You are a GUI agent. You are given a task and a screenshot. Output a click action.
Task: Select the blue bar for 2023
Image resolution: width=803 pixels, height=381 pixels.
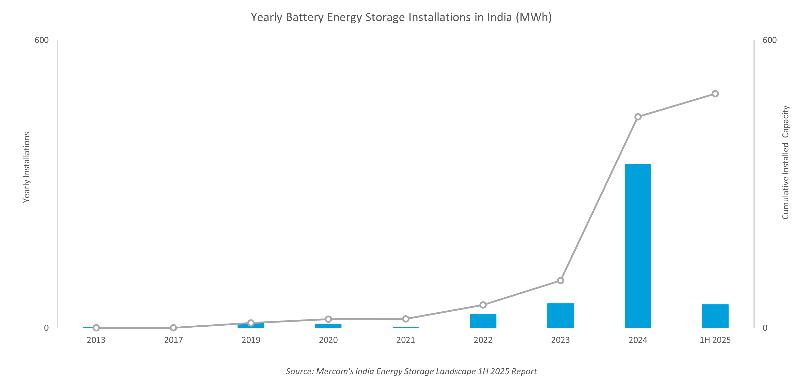[560, 315]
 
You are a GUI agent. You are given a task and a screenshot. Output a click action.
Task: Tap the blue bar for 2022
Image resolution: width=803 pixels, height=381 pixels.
[483, 321]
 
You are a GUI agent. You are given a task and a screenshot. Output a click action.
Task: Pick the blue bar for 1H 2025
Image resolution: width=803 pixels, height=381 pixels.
[715, 316]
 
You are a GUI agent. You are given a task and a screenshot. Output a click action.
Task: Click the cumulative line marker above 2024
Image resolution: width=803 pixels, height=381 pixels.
[638, 117]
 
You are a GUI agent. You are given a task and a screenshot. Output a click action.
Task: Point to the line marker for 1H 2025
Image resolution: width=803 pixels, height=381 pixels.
[715, 94]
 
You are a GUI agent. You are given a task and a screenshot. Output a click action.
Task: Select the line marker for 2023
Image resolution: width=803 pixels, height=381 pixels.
[560, 281]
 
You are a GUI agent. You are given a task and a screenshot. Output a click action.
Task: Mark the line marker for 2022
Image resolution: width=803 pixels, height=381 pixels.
[483, 305]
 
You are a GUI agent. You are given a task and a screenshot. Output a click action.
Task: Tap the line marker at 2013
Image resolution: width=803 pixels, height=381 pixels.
[96, 328]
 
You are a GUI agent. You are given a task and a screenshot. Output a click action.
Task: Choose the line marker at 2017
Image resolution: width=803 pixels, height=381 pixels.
[174, 328]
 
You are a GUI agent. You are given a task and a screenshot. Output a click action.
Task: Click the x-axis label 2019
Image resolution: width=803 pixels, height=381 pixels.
[251, 340]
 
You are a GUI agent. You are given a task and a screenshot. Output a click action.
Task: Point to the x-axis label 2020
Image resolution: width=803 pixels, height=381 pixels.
[328, 340]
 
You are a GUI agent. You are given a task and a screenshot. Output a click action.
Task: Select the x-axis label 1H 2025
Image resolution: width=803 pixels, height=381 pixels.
[715, 340]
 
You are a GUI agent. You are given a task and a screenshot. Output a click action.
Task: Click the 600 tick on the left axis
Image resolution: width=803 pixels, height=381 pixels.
[42, 40]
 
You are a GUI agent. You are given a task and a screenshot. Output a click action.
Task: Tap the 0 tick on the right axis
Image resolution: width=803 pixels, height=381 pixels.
[765, 328]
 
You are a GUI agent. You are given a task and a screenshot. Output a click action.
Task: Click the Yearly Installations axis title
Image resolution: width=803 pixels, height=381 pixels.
[26, 167]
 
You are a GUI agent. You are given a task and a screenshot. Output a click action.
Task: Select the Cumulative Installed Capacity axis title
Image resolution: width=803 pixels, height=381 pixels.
[785, 162]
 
